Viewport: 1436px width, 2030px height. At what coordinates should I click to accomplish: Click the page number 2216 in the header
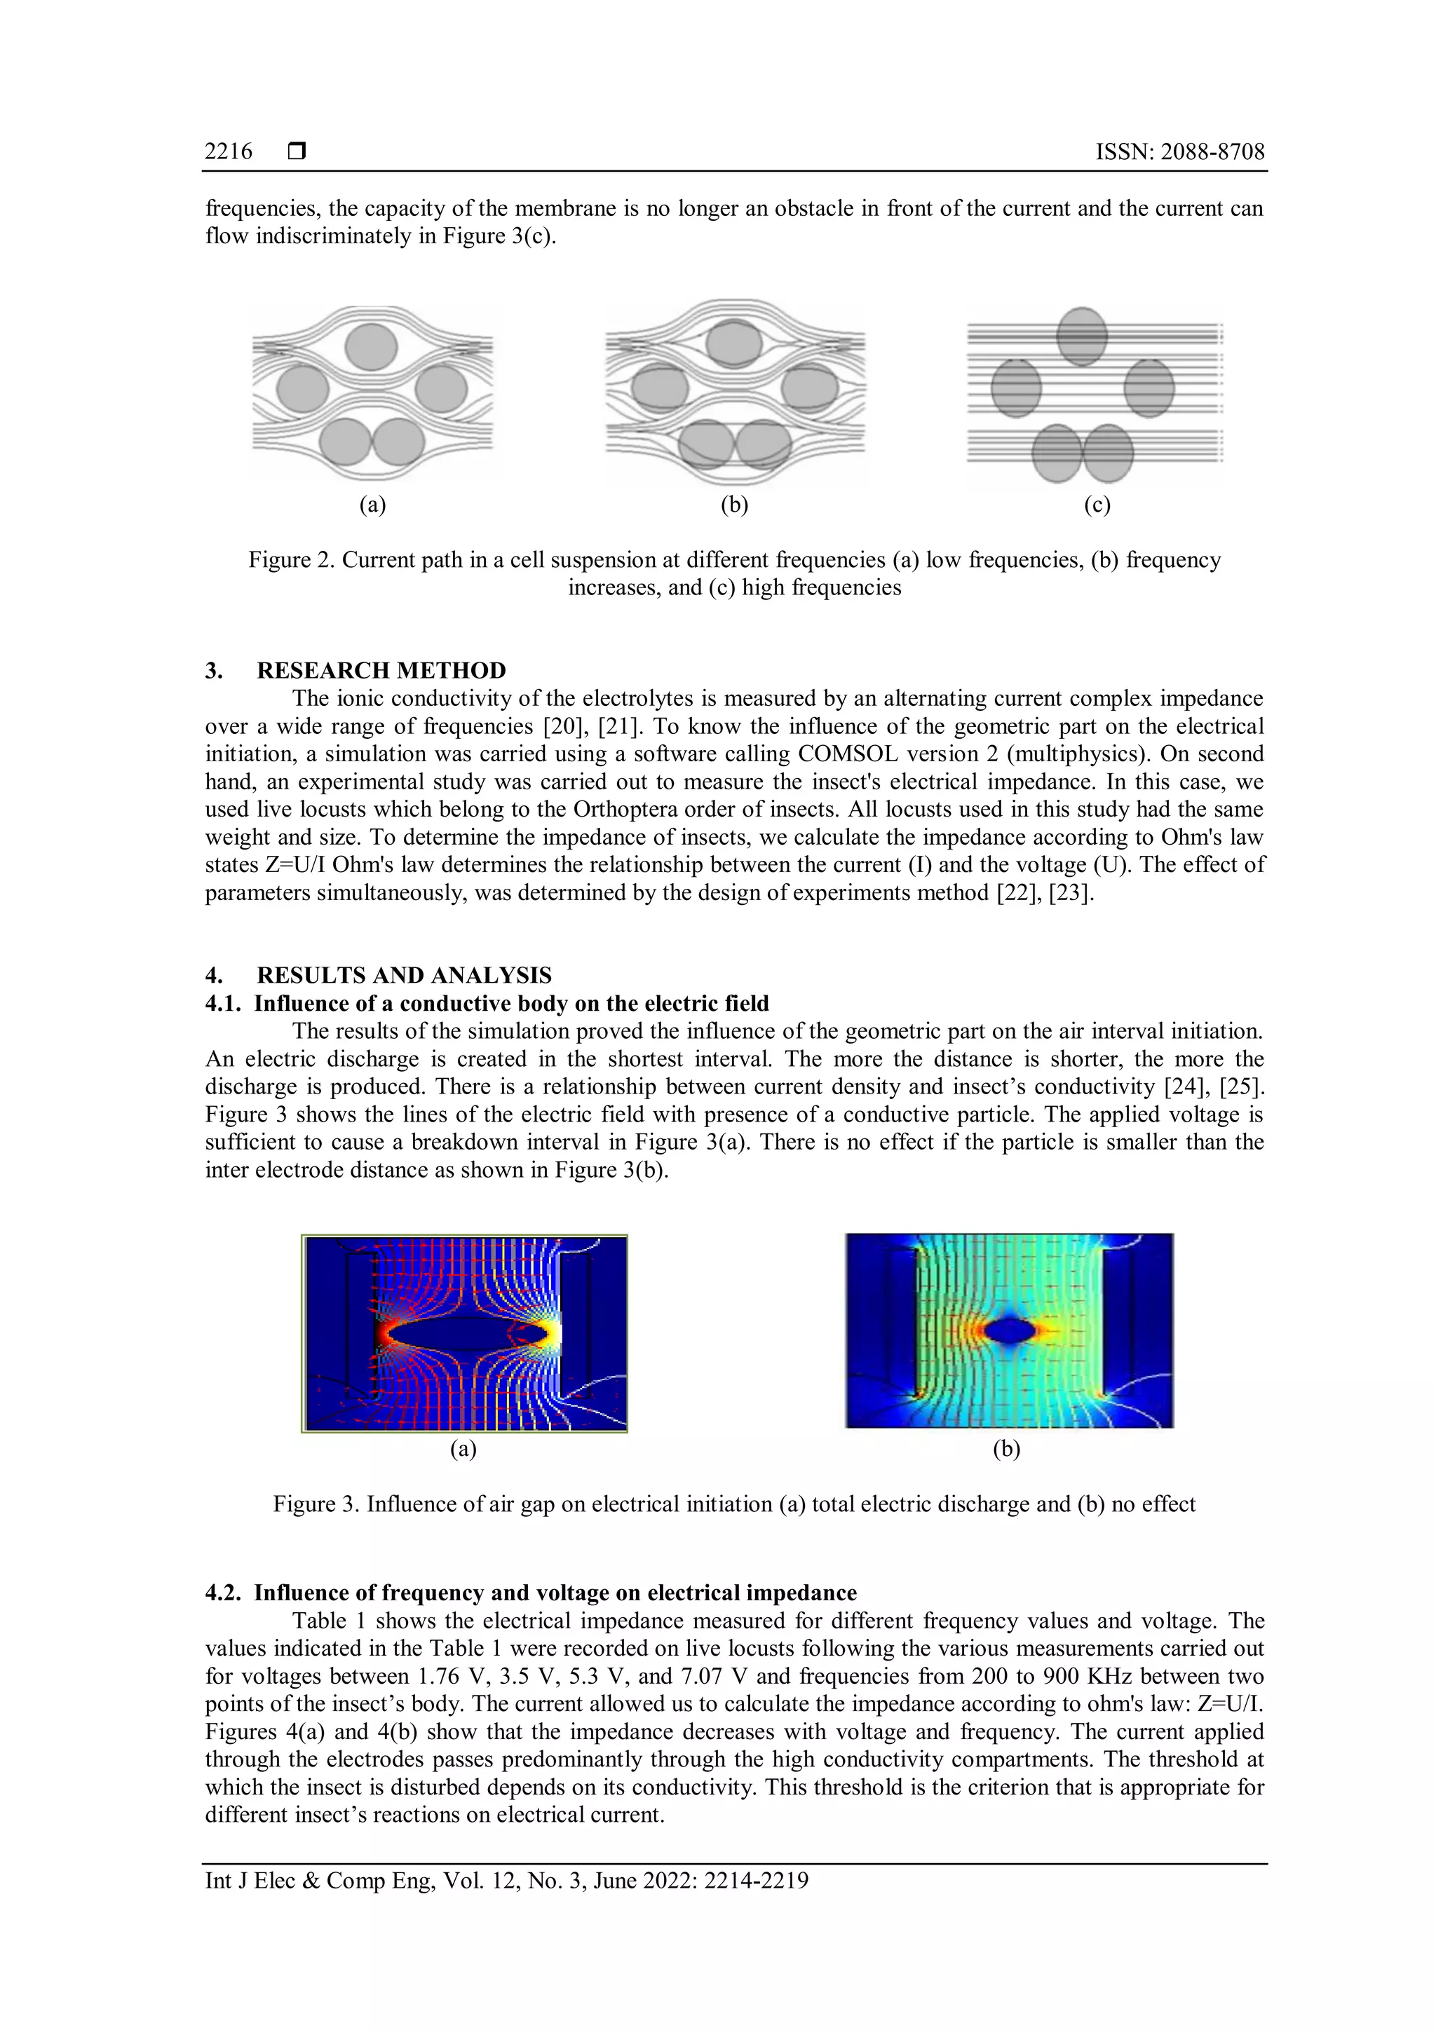coord(228,152)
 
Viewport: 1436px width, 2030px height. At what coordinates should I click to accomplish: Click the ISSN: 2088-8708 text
coord(1179,152)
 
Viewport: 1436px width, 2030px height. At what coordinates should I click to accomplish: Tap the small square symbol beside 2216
coord(297,152)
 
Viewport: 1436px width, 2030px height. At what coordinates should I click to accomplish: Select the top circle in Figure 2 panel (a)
coord(372,346)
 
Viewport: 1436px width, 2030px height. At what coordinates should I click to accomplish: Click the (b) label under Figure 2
coord(734,505)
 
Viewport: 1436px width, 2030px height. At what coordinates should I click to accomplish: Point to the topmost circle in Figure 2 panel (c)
coord(1081,336)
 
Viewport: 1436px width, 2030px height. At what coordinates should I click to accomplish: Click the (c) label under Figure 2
coord(1097,505)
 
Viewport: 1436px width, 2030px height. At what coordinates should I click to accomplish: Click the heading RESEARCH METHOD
coord(381,670)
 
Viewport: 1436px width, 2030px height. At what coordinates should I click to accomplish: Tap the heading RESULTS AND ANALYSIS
coord(404,975)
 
